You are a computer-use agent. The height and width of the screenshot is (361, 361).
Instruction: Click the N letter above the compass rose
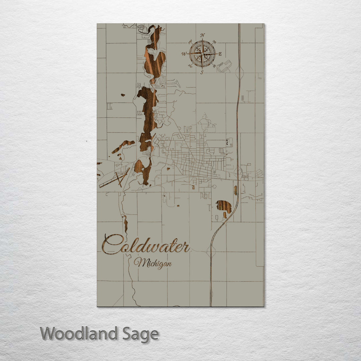(x=203, y=35)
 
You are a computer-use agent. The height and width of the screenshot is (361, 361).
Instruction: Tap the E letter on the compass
(x=220, y=53)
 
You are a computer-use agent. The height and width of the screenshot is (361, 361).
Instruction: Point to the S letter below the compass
(x=202, y=72)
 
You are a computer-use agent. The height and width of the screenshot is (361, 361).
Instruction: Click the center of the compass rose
(x=202, y=53)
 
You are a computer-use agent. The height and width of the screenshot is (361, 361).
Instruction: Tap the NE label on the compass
(x=214, y=42)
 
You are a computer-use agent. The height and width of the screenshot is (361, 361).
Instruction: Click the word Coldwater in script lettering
(x=145, y=245)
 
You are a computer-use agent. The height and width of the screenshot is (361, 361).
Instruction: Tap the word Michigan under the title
(x=153, y=263)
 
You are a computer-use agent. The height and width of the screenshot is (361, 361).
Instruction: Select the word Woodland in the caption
(x=79, y=334)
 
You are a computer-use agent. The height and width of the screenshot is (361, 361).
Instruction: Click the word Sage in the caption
(x=141, y=334)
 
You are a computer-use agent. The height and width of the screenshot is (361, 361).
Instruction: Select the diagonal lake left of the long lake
(x=123, y=146)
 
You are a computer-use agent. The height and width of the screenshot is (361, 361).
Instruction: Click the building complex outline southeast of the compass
(x=224, y=66)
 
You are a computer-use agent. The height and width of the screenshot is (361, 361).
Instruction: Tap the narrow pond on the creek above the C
(x=126, y=224)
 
